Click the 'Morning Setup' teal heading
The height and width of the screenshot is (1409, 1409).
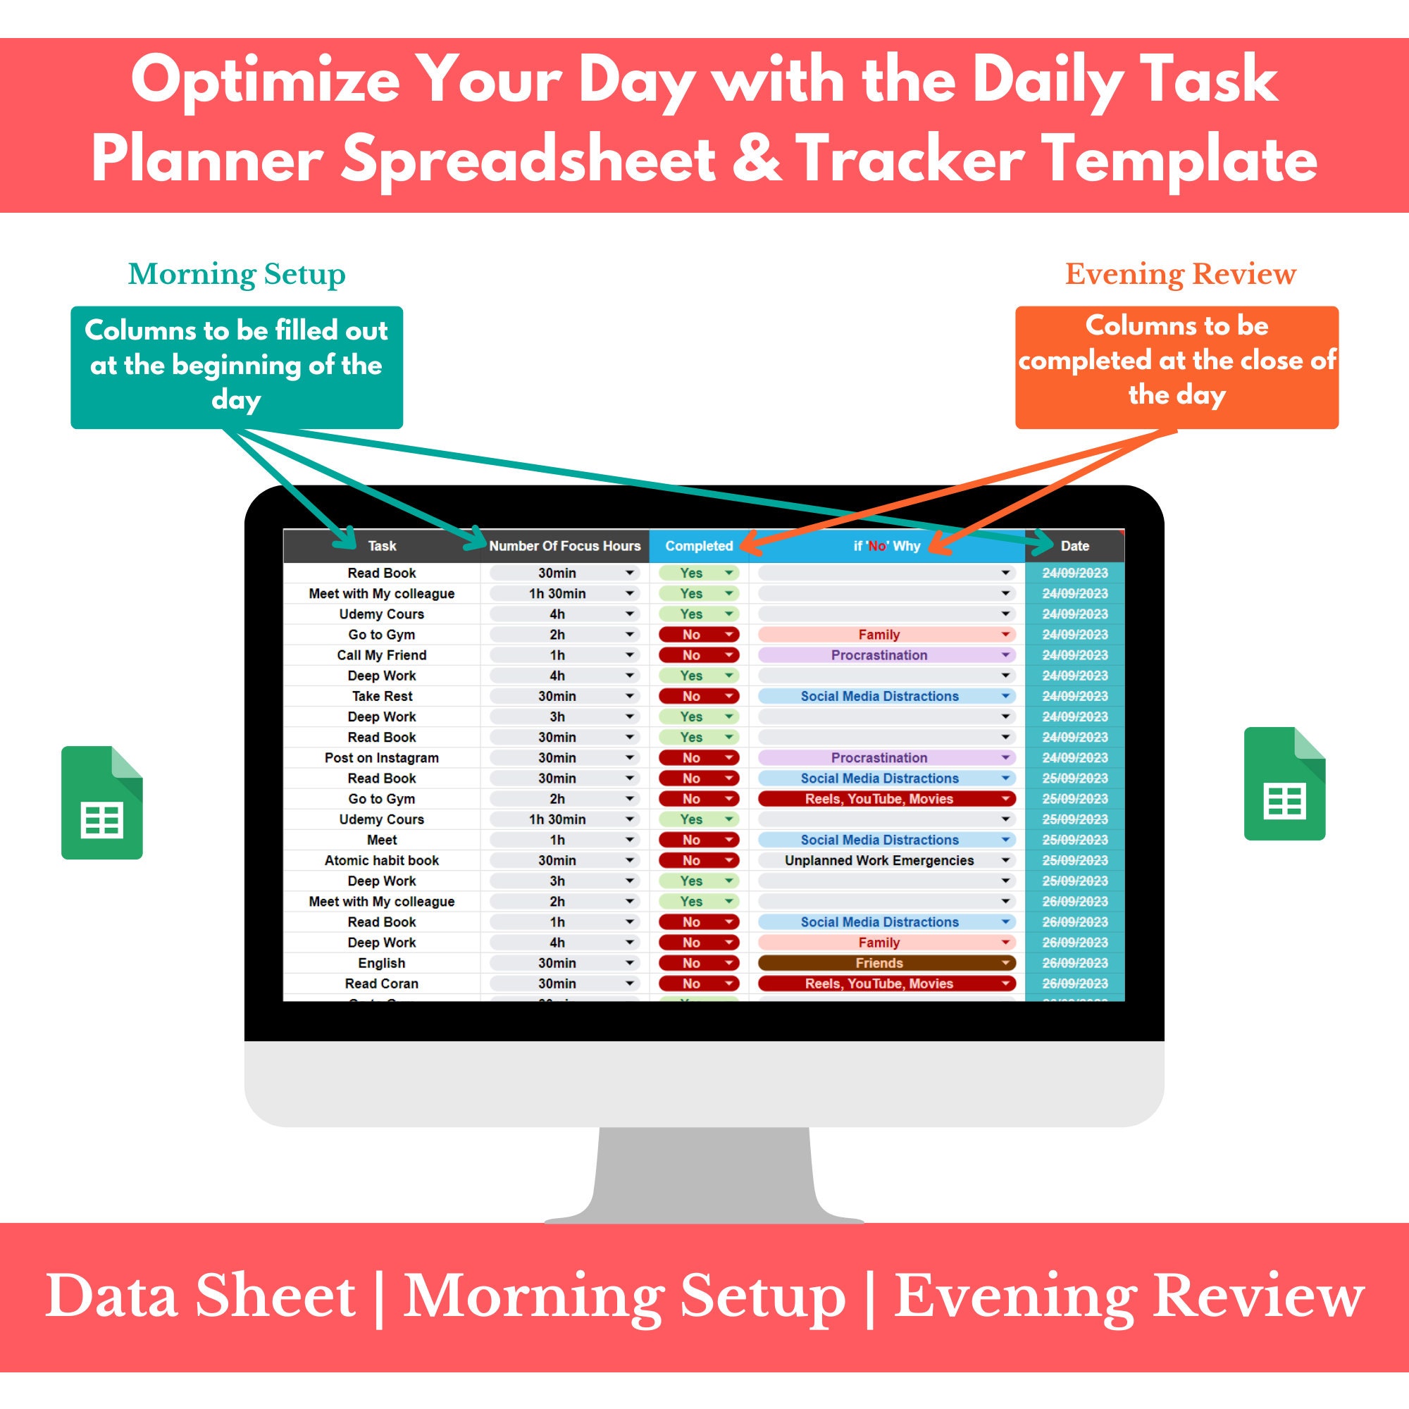(236, 274)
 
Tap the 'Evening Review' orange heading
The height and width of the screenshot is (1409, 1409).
(1180, 274)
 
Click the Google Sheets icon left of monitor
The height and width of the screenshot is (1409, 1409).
(102, 802)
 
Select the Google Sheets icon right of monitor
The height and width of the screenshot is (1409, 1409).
(1284, 783)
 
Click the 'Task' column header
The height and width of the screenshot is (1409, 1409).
(381, 545)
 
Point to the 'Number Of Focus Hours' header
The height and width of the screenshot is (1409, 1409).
(564, 545)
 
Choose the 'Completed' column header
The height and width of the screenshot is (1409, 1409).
(699, 545)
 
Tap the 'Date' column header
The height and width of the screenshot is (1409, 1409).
(1074, 545)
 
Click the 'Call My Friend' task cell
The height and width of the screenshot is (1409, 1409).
(381, 655)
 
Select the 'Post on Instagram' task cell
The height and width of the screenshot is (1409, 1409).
(381, 758)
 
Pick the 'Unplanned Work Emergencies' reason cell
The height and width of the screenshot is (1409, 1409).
(879, 861)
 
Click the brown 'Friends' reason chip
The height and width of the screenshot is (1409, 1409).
(879, 962)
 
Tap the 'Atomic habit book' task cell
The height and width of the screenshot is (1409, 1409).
(381, 861)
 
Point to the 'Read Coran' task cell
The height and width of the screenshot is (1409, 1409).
(381, 983)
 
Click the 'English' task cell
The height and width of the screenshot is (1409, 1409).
(381, 962)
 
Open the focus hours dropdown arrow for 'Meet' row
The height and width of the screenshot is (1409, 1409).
(629, 840)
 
